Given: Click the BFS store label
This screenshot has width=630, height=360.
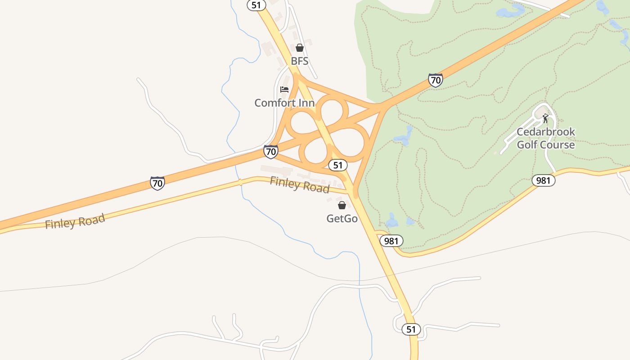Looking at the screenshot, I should point(299,61).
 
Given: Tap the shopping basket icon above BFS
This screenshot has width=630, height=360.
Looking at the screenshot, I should point(300,48).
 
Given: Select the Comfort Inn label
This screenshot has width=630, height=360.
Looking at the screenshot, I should point(284,103).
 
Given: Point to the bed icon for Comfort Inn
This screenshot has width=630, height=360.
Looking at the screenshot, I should point(284,89).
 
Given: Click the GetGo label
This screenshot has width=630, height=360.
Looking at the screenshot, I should point(342,218).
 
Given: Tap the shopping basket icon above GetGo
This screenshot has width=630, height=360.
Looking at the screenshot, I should point(342,205).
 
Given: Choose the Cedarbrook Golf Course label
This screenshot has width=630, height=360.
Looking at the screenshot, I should point(545,138).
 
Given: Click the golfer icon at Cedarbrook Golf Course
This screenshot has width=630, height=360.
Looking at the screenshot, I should point(545,118).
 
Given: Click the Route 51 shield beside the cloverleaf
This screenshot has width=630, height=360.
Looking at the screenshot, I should point(338,165).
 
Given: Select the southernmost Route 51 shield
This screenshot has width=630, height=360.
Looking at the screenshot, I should point(411,329).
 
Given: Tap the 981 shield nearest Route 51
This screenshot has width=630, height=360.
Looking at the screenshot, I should point(391,241).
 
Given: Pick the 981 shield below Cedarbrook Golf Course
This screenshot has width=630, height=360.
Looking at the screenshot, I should point(543,180).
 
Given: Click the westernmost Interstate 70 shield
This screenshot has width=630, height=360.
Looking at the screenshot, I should point(157,183).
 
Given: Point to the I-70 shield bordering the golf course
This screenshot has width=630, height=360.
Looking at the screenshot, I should point(435,81).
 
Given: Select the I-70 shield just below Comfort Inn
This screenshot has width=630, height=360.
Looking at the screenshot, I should point(270,152).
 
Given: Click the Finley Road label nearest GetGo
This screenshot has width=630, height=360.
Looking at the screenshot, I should point(300,184).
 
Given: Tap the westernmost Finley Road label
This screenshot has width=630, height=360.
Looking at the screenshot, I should point(75,221).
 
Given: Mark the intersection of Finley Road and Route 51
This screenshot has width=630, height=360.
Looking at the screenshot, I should point(350,192).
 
